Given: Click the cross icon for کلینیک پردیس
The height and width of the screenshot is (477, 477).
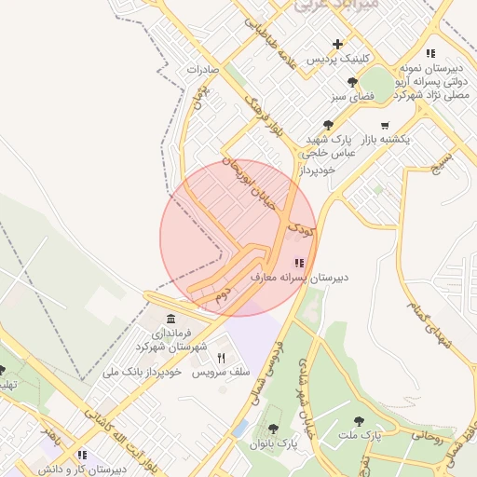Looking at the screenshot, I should [x=337, y=44].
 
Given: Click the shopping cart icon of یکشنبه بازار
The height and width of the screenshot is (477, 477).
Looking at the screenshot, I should [x=385, y=125].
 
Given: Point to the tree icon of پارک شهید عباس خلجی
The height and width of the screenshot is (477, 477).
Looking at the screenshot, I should [x=327, y=125].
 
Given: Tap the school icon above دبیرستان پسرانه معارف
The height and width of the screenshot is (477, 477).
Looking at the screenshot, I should [x=298, y=264].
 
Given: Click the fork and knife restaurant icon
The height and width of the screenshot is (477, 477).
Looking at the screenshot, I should [x=221, y=358].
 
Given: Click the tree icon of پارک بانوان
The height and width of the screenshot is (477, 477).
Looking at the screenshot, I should [x=272, y=429].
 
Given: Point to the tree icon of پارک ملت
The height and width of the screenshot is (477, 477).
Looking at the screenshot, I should [x=359, y=421].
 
